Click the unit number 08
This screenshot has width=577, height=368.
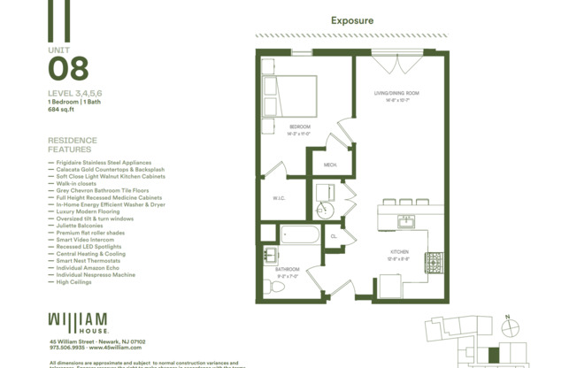coord(68,68)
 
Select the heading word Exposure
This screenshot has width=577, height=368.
coord(352,20)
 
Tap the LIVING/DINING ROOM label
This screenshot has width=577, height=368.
coord(396,93)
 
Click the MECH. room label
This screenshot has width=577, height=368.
coord(330,165)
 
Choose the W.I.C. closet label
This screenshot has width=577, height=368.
coord(278,198)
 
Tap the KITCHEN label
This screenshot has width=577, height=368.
coord(400,253)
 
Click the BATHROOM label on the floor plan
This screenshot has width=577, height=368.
coord(286,269)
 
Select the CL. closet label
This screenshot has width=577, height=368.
coord(335,236)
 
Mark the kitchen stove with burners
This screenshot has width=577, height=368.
coord(434,262)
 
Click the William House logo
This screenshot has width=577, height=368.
coord(79,321)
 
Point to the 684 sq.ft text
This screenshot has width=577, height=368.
coord(62,111)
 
